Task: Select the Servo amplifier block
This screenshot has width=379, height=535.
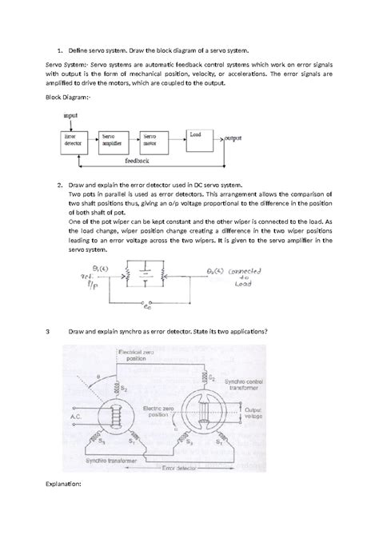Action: pyautogui.click(x=114, y=142)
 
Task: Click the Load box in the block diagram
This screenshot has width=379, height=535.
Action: pyautogui.click(x=198, y=137)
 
